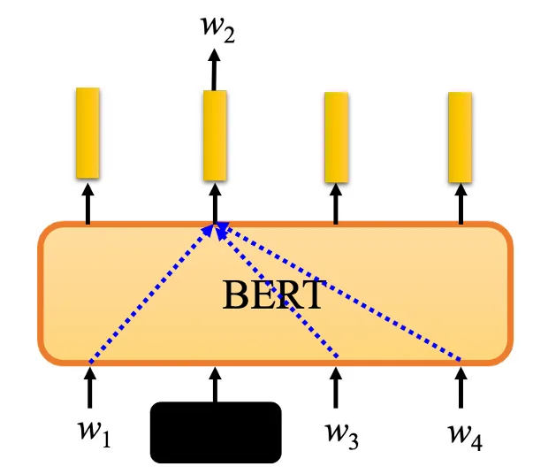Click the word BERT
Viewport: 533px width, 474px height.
[273, 294]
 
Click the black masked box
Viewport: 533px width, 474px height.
[216, 432]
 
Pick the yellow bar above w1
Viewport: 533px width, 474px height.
[88, 133]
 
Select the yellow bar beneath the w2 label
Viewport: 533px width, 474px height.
[215, 135]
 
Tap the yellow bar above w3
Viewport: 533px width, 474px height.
[336, 137]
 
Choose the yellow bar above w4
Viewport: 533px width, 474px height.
[460, 137]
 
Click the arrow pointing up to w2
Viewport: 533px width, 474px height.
[214, 70]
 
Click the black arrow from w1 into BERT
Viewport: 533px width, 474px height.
[90, 388]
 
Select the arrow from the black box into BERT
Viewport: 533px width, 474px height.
[215, 385]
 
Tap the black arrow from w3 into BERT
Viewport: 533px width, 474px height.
[336, 388]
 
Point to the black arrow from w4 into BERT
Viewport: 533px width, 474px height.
[461, 388]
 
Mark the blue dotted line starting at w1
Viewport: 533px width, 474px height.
[151, 294]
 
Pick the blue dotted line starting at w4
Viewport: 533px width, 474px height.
[341, 292]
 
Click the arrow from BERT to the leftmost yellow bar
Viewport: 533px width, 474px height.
[88, 204]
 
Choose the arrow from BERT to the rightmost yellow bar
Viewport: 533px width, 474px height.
[461, 204]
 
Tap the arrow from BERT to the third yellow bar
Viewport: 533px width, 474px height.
[336, 204]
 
